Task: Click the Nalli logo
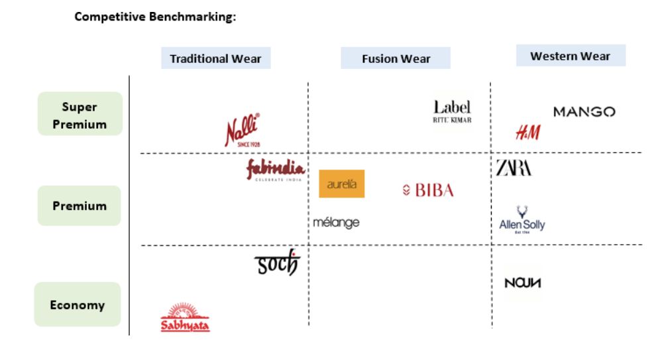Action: tap(242, 130)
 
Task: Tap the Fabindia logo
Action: tap(275, 170)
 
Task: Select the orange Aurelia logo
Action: tap(341, 184)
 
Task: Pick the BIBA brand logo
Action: tap(428, 191)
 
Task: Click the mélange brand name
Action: tap(336, 223)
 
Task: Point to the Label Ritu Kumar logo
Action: tap(452, 111)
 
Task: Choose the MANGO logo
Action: tap(584, 112)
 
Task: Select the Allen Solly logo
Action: tap(522, 219)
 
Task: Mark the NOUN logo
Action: tap(523, 283)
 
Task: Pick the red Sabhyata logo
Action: tap(185, 318)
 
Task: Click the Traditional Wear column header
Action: tap(215, 58)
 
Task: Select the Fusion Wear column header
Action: tap(396, 58)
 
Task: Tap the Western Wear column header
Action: tap(570, 56)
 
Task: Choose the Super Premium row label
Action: tap(80, 115)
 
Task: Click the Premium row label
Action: tap(80, 206)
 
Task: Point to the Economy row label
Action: tap(77, 305)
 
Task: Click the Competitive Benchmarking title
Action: tap(155, 17)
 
